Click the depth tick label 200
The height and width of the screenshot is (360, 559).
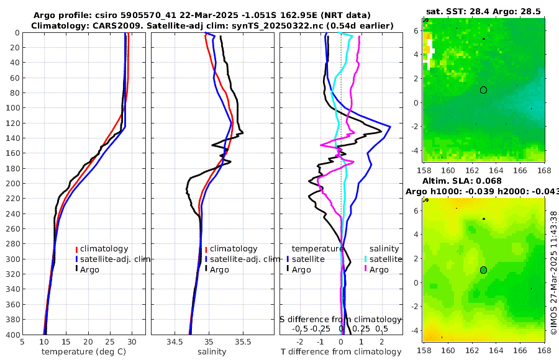pyautogui.click(x=12, y=183)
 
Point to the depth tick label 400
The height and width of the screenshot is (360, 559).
pyautogui.click(x=12, y=335)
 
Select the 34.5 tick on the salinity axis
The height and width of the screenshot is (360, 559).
pyautogui.click(x=175, y=341)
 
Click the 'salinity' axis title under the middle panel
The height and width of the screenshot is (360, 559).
pyautogui.click(x=211, y=352)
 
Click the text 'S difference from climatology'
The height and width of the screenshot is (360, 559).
pyautogui.click(x=340, y=318)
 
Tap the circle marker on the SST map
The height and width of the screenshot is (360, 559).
pyautogui.click(x=483, y=90)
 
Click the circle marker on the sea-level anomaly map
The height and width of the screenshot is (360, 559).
pyautogui.click(x=483, y=270)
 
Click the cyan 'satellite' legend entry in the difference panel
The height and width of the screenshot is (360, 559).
pyautogui.click(x=381, y=259)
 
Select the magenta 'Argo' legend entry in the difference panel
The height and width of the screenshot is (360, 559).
pyautogui.click(x=378, y=269)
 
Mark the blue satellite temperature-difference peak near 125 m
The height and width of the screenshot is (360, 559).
pyautogui.click(x=390, y=127)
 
